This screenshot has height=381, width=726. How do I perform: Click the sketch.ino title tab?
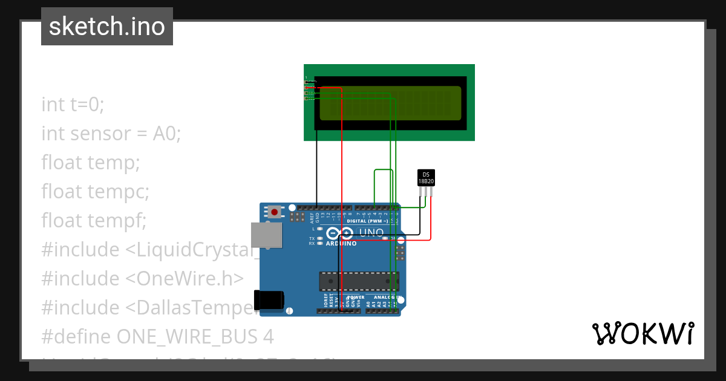click(x=107, y=27)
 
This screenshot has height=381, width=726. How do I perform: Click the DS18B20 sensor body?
click(x=426, y=178)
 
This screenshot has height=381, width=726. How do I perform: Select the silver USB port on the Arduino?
click(x=267, y=235)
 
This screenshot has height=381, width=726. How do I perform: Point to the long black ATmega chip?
click(x=359, y=281)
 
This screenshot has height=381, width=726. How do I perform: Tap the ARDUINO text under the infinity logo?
click(x=341, y=243)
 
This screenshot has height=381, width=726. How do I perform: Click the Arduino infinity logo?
click(x=341, y=233)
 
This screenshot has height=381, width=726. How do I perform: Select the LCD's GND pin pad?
click(x=306, y=82)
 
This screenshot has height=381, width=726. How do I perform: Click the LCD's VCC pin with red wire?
click(x=306, y=88)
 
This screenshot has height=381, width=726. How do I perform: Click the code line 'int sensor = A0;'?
click(x=111, y=134)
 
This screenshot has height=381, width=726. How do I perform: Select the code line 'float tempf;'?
click(x=94, y=221)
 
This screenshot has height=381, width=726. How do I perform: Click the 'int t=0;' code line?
click(x=73, y=105)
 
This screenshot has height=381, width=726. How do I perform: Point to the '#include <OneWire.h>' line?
click(x=142, y=278)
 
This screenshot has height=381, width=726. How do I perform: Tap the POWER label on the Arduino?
click(x=357, y=298)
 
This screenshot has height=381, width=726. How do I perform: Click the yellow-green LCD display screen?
click(x=390, y=103)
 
